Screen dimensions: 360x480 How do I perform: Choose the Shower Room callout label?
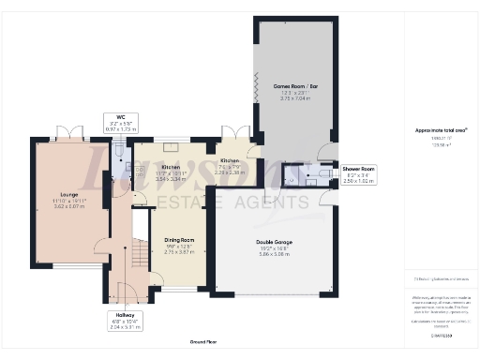pyautogui.click(x=358, y=169)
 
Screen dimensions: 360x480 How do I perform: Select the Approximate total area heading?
pyautogui.click(x=442, y=130)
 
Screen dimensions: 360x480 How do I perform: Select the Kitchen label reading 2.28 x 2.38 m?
pyautogui.click(x=230, y=172)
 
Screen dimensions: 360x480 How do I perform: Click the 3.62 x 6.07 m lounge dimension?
pyautogui.click(x=55, y=204)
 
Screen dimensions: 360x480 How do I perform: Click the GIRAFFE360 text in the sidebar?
pyautogui.click(x=441, y=335)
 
